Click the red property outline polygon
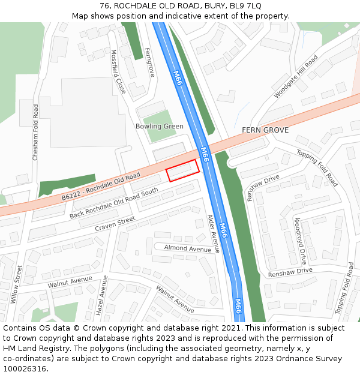tap(182, 170)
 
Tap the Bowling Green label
tap(160, 126)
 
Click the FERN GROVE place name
tap(265, 130)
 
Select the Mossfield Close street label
tap(118, 71)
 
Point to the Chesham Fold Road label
tap(35, 131)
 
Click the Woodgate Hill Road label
tap(296, 77)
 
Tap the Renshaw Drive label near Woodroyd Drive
tap(290, 271)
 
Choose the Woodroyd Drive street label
tap(300, 241)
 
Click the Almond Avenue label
tap(188, 248)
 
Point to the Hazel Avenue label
tap(101, 296)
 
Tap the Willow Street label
tap(16, 284)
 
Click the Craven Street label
tap(115, 225)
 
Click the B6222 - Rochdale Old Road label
tap(100, 186)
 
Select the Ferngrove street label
tap(150, 62)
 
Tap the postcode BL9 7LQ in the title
tap(245, 5)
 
